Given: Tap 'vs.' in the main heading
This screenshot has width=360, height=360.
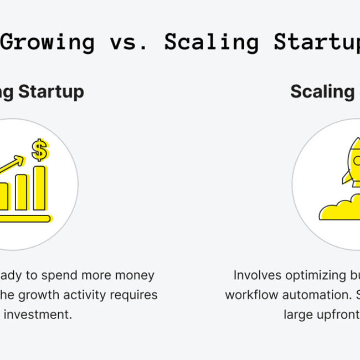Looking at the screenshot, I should click(129, 42).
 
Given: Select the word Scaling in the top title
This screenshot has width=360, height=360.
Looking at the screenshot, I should click(211, 42).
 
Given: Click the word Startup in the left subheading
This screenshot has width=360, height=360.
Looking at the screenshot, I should click(51, 91).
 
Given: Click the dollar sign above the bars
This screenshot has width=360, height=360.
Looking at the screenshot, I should click(39, 150).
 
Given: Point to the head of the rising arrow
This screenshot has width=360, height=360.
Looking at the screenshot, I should click(20, 161).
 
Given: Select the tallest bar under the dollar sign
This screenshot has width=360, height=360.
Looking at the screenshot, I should click(39, 188).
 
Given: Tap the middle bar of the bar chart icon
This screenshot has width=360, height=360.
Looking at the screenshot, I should click(21, 193).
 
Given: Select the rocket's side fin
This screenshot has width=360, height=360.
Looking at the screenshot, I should click(347, 177).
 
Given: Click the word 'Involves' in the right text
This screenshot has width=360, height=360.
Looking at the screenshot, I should click(258, 275).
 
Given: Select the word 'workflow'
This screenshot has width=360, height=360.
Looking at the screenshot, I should click(251, 295).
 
